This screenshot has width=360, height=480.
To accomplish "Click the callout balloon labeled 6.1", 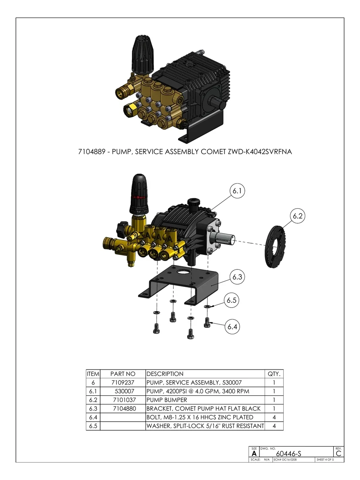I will (x=237, y=191).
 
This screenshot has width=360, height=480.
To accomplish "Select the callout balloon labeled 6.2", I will (x=298, y=217).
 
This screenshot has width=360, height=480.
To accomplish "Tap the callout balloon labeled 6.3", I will (x=237, y=277).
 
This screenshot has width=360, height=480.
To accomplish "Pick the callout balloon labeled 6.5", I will (x=232, y=301).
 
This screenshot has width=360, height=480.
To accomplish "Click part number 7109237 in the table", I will (x=123, y=382).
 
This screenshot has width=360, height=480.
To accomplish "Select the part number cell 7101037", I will (x=123, y=400).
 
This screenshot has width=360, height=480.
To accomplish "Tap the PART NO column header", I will (x=123, y=374).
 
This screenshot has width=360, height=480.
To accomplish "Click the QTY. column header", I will (x=274, y=374).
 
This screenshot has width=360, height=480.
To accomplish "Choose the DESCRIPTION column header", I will (x=165, y=374).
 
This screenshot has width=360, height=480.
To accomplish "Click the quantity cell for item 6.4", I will (x=274, y=417).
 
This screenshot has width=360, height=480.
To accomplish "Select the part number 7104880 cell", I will (x=123, y=408).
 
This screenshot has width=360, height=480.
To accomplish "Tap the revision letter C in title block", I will (x=339, y=453).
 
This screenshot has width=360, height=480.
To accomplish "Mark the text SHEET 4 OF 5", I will (x=325, y=460).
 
